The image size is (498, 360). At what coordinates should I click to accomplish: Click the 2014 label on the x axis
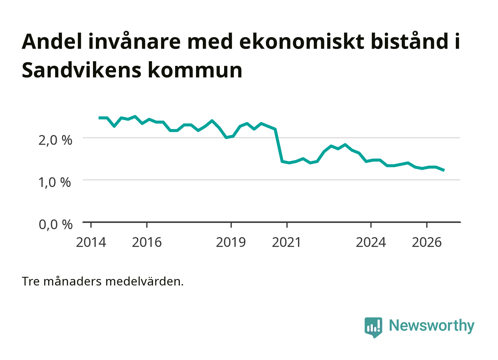point(91,243)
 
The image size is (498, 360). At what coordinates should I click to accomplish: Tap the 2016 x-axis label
point(147,243)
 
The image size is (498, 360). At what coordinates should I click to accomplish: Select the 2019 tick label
point(231,243)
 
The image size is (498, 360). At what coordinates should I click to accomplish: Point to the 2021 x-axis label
point(286,243)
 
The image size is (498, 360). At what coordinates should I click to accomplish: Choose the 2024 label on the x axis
point(371,243)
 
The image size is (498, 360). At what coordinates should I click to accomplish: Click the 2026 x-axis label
point(427,243)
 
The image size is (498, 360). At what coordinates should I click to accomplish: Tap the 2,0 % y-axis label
point(55,140)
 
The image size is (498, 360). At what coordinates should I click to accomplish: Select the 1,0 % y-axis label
point(55,183)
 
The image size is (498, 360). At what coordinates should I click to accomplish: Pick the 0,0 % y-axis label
point(55,225)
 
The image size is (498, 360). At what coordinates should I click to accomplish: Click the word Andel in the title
point(52,41)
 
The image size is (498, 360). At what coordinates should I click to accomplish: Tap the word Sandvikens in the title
point(81,70)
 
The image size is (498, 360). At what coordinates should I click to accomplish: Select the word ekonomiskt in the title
point(302,41)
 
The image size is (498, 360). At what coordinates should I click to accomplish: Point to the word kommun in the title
point(195,70)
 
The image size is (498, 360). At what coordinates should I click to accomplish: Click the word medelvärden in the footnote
point(144,282)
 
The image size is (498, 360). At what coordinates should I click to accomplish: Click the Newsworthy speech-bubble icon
point(373,328)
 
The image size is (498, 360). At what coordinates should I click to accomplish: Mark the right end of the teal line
point(444,170)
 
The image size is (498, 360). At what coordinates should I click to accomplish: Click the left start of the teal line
point(99,118)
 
